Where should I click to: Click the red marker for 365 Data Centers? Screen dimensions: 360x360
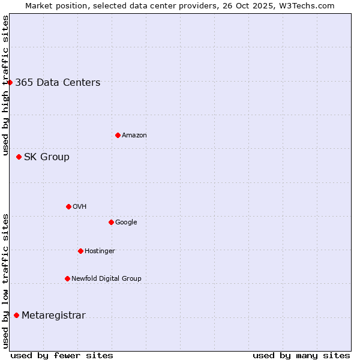tap(10, 82)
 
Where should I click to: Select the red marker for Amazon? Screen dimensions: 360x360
tap(118, 135)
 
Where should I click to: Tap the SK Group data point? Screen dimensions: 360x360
tap(19, 157)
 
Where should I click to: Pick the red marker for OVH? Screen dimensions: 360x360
tap(68, 206)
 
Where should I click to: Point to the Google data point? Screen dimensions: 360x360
tap(111, 222)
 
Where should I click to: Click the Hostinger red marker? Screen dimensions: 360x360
tap(80, 251)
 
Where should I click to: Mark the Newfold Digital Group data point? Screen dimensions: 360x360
tap(67, 278)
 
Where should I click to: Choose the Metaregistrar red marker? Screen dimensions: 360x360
tap(16, 315)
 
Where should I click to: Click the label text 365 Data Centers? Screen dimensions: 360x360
tap(58, 83)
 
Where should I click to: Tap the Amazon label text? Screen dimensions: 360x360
tap(134, 136)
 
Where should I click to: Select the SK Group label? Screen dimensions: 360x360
tap(47, 157)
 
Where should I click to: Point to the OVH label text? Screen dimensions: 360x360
tap(80, 207)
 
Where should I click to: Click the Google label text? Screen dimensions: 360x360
tap(126, 223)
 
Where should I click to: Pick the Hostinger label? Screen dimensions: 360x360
tap(100, 251)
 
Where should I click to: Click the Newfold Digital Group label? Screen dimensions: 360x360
tap(106, 279)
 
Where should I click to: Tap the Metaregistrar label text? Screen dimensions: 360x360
tap(53, 316)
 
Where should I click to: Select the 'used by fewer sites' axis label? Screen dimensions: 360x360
tap(62, 355)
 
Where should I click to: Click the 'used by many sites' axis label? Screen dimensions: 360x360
tap(301, 355)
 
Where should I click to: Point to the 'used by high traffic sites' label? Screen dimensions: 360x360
tap(5, 85)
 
